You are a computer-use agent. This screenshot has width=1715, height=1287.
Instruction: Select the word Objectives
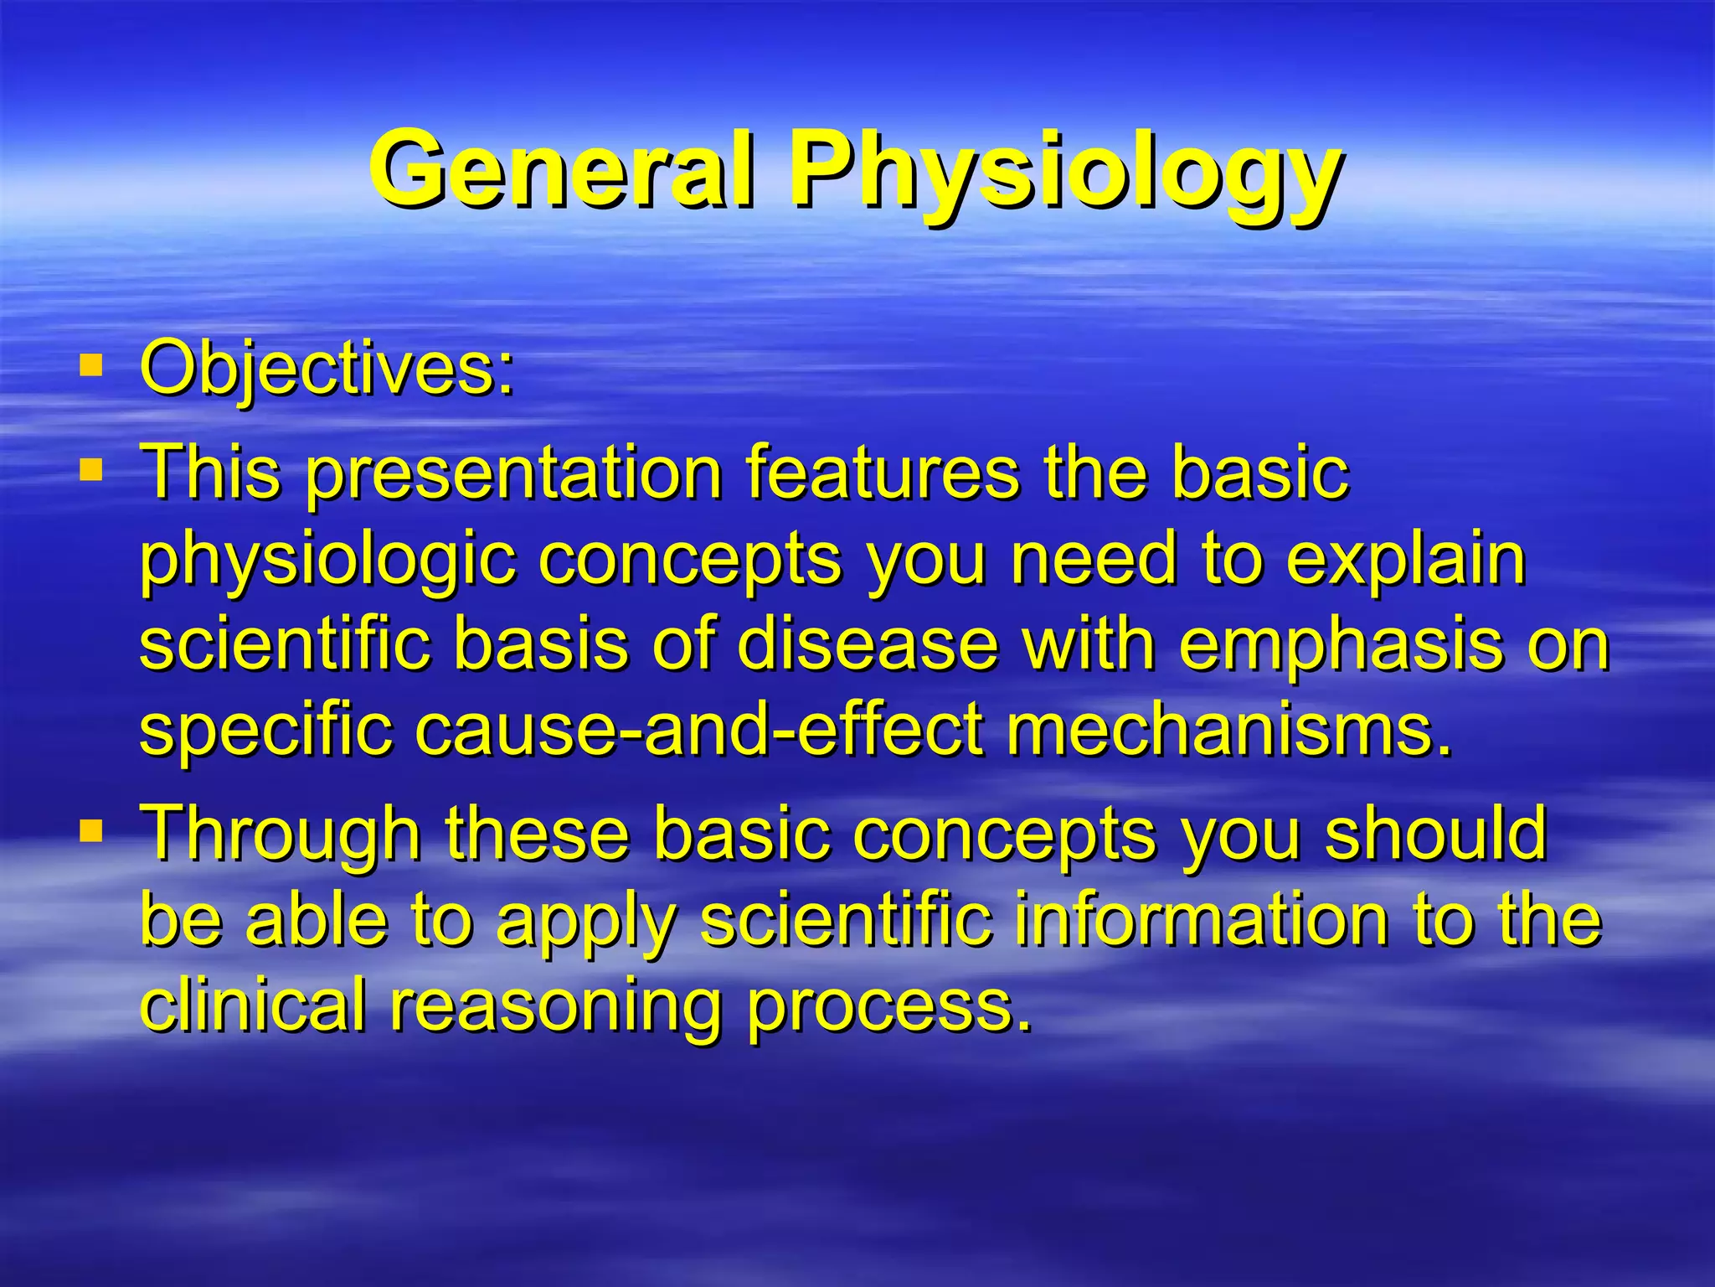[x=327, y=369]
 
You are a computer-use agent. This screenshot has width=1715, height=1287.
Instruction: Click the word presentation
[x=513, y=474]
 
